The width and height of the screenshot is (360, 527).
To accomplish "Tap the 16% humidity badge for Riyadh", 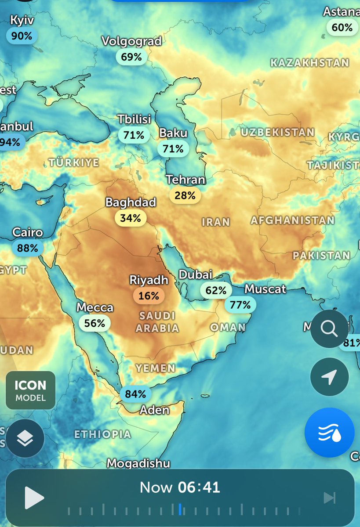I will pos(149,296).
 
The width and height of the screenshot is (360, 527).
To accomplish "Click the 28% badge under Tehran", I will pos(185,195).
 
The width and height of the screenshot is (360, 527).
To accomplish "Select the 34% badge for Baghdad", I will pos(131,218).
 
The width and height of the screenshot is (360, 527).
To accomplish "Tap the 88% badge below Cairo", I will pos(28,248).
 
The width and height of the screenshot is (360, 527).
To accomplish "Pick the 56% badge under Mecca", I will pos(95,323).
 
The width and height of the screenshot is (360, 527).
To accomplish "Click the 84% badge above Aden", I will pos(135,394).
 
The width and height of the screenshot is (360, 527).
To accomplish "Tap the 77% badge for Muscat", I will pos(240,304).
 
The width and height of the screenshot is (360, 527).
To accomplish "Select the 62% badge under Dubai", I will pos(216,290).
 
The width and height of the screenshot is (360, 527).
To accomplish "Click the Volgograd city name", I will pos(131,41).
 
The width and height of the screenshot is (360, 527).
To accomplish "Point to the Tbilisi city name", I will pos(134,119).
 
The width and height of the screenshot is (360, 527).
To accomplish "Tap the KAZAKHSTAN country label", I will pos(309,63).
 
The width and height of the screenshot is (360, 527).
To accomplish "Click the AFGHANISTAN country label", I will pos(292,220).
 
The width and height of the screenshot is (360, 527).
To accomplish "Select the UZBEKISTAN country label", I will pos(278,132).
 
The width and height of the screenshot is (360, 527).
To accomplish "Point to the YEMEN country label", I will pos(155,368).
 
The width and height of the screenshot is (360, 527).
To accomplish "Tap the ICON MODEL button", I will pos(30,390).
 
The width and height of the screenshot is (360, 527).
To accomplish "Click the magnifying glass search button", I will pos(329,328).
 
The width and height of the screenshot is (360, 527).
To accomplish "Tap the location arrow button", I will pos(329,377).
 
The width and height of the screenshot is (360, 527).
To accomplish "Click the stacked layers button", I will pos(25,438).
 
